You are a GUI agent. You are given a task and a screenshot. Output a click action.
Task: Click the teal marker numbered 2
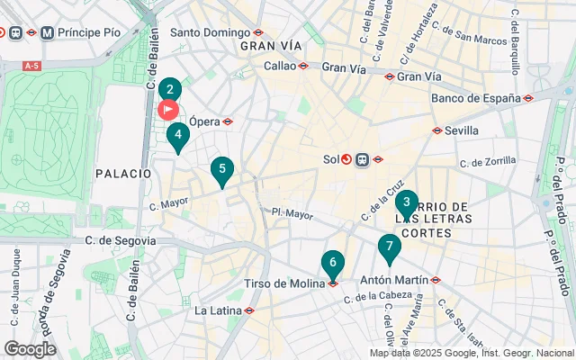click(169, 90)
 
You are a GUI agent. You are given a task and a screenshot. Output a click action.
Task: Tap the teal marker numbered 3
click(407, 203)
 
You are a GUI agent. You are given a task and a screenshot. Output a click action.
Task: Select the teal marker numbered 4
click(178, 137)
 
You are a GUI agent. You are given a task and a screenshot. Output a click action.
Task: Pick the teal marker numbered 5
click(222, 168)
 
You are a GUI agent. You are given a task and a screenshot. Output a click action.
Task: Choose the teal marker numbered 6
click(333, 264)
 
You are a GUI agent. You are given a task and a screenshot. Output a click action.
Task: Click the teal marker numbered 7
click(389, 246)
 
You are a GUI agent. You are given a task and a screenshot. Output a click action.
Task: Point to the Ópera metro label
click(203, 121)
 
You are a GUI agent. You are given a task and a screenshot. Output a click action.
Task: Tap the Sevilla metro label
click(461, 130)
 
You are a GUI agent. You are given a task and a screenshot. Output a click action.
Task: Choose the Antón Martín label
click(393, 280)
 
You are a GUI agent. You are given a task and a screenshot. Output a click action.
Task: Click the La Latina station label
click(217, 310)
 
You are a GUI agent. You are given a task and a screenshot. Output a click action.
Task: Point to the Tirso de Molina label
click(284, 283)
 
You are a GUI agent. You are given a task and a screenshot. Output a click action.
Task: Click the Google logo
click(30, 349)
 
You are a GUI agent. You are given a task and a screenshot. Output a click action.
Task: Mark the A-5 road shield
click(32, 66)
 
